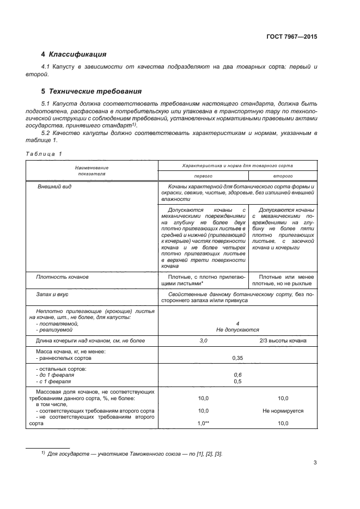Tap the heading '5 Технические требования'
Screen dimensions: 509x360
point(91,91)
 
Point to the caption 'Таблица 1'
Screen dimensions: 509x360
point(44,154)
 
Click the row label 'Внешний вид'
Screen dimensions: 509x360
point(54,187)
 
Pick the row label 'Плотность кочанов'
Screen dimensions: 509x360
point(62,277)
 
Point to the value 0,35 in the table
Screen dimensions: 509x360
point(237,358)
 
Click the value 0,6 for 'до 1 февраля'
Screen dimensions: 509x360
point(237,375)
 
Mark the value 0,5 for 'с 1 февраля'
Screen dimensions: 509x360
point(237,381)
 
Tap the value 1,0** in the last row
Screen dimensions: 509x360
point(204,423)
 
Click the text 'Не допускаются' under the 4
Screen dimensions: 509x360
point(237,329)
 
